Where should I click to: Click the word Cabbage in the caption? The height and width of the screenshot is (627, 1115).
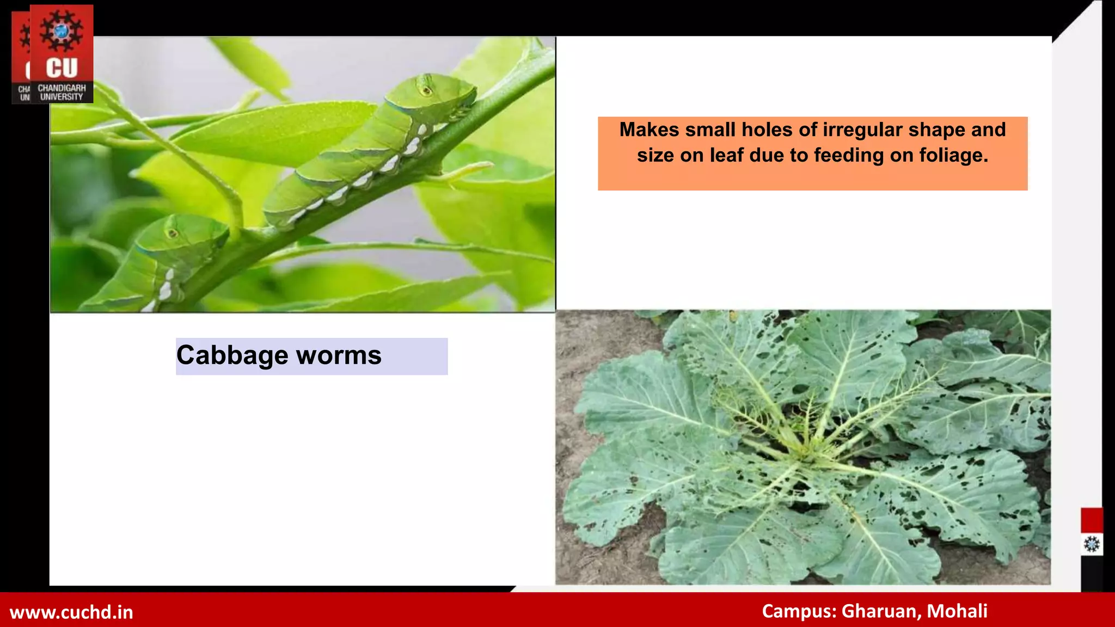coord(232,356)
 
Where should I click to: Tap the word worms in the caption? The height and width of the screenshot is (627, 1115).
coord(339,356)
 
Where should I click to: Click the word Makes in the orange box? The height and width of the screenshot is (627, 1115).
coord(650,130)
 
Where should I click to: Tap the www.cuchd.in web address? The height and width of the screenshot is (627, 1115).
coord(71,612)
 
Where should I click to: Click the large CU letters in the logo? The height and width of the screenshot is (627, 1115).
coord(62,68)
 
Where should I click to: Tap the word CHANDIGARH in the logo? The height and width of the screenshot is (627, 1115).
coord(62,88)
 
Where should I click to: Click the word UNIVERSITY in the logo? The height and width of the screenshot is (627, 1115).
coord(62,97)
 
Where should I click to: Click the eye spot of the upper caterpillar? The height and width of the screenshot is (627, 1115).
coord(426,90)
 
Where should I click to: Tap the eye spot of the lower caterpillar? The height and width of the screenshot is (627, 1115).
coord(173,233)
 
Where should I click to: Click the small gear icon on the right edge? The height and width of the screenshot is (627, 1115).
coord(1092,544)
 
